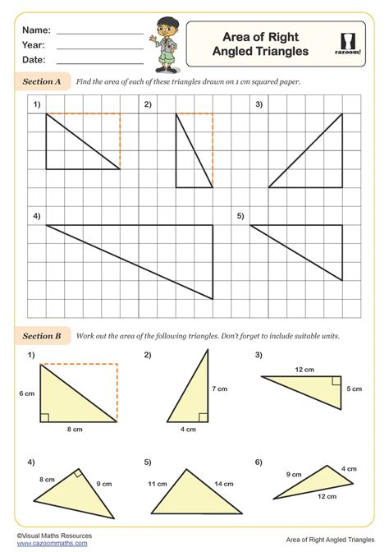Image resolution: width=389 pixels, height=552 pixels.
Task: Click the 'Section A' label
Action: point(42,82)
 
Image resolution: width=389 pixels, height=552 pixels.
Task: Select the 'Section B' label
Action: point(42,336)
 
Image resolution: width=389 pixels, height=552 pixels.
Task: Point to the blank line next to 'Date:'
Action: point(99,62)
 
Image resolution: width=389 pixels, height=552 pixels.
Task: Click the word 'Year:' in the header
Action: point(34,45)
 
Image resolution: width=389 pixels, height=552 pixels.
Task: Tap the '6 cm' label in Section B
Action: point(26,393)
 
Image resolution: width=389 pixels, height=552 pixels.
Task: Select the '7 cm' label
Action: point(217,387)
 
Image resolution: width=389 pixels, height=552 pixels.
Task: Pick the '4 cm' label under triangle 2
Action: point(188,429)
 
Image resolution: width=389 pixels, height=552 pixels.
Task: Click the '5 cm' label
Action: point(355,389)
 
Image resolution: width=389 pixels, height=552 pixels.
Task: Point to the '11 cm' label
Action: point(157,485)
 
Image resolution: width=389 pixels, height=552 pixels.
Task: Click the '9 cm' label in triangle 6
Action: point(293,474)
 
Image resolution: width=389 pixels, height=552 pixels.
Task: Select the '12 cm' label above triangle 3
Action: point(304,370)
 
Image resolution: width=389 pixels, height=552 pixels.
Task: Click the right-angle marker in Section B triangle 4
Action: point(77,474)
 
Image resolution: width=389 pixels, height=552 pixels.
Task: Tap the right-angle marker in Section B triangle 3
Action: point(336,380)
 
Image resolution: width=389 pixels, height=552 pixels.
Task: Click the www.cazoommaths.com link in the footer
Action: point(46,543)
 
